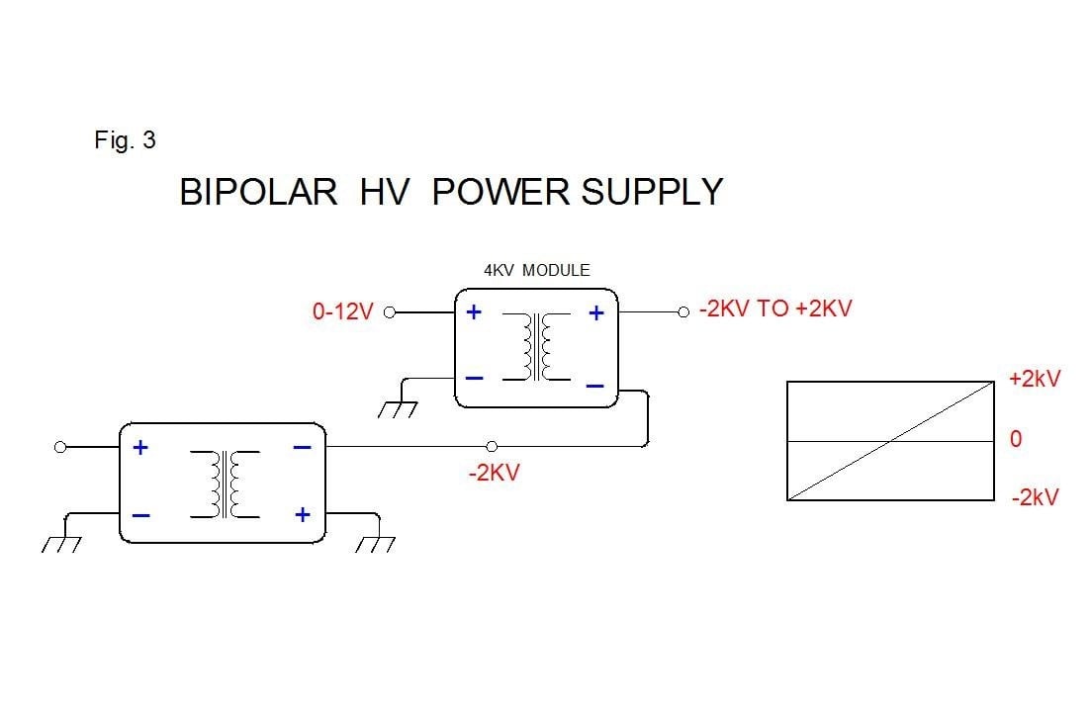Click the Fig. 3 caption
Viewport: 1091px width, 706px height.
[x=125, y=140]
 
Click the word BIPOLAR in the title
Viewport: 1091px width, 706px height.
[x=258, y=192]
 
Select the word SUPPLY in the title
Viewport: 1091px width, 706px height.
[x=652, y=192]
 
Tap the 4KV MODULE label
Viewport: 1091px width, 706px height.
[x=536, y=270]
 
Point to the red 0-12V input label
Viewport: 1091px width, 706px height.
[x=342, y=312]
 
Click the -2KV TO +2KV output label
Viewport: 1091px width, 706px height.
[x=774, y=309]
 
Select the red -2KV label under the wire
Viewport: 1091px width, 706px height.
[x=494, y=473]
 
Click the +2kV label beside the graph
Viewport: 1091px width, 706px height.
[x=1034, y=379]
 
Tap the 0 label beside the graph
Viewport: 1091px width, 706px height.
[x=1015, y=439]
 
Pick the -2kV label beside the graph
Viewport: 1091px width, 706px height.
[x=1035, y=497]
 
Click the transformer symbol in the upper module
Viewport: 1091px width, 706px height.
[x=538, y=347]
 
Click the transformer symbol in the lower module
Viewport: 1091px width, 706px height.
[x=225, y=484]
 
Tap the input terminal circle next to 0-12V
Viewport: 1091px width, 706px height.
[x=389, y=312]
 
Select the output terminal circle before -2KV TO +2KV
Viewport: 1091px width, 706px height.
[x=682, y=312]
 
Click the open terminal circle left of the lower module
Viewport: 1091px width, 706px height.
[x=60, y=447]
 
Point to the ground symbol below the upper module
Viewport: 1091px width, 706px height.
[x=401, y=406]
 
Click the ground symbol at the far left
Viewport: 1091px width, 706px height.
[x=62, y=543]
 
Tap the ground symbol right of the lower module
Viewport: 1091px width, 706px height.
[x=376, y=543]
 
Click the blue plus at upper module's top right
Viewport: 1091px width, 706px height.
[x=596, y=312]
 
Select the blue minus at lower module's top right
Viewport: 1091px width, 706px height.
[x=303, y=448]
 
